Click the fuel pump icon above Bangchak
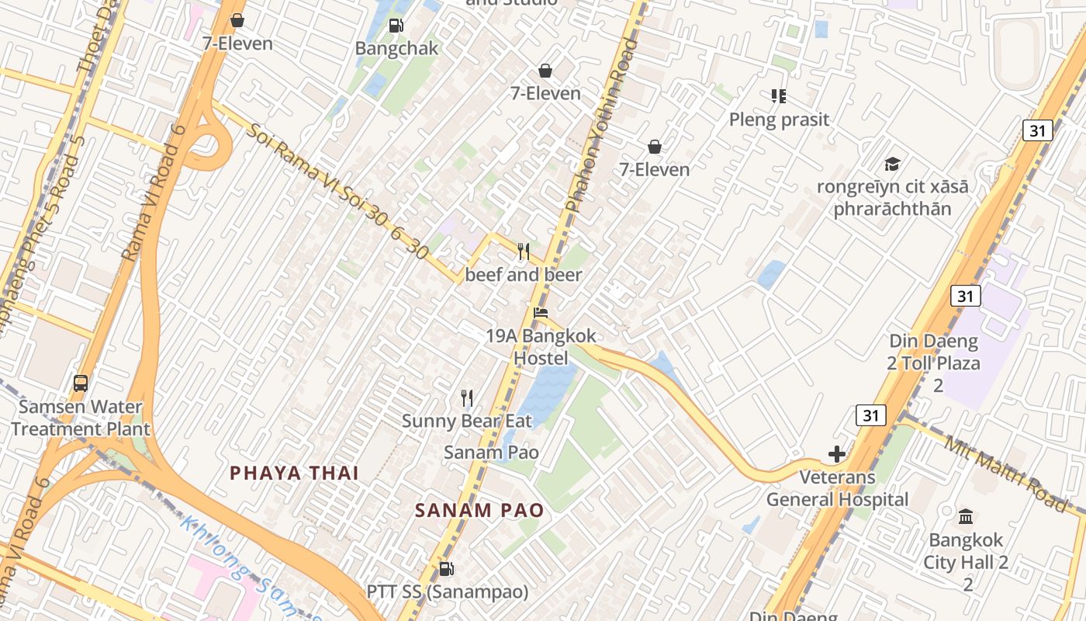(x=396, y=26)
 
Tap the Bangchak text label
(x=396, y=48)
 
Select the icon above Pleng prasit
(x=779, y=96)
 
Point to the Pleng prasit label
(x=779, y=120)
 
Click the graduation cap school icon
(x=892, y=164)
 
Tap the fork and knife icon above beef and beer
(x=524, y=252)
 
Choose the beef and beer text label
(x=524, y=275)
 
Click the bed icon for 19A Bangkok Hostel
(x=541, y=313)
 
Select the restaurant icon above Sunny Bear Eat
(x=467, y=398)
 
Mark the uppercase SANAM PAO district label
(x=479, y=510)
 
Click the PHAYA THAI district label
(x=294, y=473)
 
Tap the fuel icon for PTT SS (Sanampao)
(x=446, y=569)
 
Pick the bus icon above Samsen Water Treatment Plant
(x=81, y=383)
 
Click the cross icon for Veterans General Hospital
(x=837, y=454)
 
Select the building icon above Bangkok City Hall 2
(x=966, y=516)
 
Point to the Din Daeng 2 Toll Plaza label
(x=934, y=363)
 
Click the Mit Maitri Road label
(x=1005, y=473)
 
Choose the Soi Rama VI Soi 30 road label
(x=337, y=191)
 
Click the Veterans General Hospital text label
(x=837, y=488)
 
